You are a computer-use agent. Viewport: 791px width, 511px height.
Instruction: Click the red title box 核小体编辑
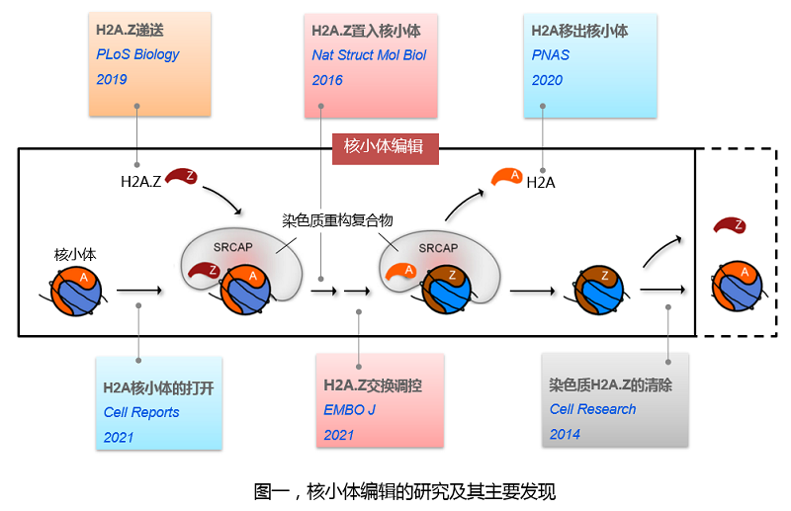click(x=384, y=147)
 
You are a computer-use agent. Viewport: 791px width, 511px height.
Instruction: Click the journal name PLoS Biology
click(x=138, y=54)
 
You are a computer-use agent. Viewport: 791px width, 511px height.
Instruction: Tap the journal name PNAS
click(x=551, y=55)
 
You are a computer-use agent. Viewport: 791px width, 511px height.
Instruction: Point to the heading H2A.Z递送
click(x=130, y=30)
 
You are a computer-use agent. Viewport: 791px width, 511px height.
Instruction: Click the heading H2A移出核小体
click(x=579, y=31)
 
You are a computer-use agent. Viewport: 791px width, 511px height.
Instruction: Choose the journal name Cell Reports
click(x=141, y=412)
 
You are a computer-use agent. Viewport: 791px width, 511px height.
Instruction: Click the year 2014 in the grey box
click(x=566, y=434)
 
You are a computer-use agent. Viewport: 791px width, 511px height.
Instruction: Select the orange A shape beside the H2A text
click(x=507, y=176)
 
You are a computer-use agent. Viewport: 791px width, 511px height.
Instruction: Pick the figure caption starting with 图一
click(x=397, y=490)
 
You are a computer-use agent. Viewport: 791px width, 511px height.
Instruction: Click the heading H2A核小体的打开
click(x=158, y=387)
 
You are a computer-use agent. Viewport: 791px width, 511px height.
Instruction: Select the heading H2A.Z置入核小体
click(x=366, y=31)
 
